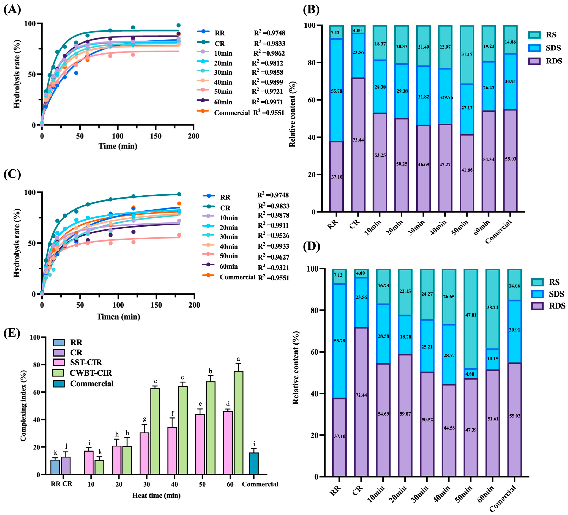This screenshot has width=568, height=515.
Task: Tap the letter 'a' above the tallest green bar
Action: pyautogui.click(x=238, y=359)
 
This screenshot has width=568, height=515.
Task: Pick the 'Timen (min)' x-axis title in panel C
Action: pyautogui.click(x=118, y=317)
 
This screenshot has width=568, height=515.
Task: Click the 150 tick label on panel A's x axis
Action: pyautogui.click(x=156, y=136)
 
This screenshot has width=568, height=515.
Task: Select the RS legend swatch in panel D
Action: pyautogui.click(x=537, y=282)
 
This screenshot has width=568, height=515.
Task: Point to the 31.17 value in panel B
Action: pyautogui.click(x=467, y=54)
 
